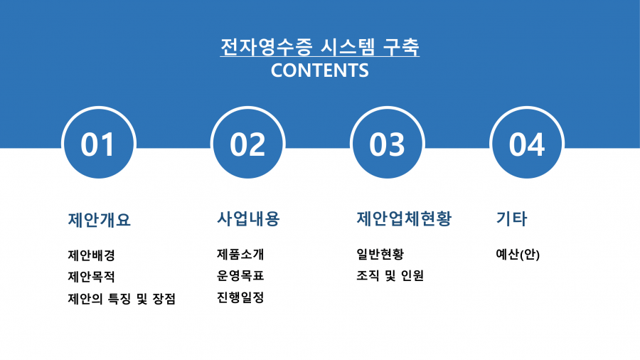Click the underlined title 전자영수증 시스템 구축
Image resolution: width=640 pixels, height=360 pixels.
coord(319,47)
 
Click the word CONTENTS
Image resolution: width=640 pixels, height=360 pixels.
coord(319,70)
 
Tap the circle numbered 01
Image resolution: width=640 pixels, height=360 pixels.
coord(98,144)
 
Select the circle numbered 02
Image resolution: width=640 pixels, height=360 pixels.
coord(247,144)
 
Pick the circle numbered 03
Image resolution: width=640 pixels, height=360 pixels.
coord(388,144)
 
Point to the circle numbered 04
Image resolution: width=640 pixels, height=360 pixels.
coord(527,144)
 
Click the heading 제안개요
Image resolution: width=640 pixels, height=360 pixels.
coord(99,220)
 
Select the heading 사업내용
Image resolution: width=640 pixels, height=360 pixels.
coord(248,218)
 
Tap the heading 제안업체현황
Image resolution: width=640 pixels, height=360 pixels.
coord(404,218)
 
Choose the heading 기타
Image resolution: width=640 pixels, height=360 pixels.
coord(511,218)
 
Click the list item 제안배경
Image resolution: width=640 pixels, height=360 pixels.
coord(92,255)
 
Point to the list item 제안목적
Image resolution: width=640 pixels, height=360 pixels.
coord(92,277)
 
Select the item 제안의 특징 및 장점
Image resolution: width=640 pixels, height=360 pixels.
coord(122,299)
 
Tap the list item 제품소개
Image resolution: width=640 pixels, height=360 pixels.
coord(240,254)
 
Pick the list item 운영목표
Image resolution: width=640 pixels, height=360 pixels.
coord(240,275)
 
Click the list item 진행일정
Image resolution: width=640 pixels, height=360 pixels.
coord(240,297)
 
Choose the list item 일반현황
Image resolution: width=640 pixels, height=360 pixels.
coord(380,254)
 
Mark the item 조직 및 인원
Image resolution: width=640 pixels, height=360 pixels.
coord(390,275)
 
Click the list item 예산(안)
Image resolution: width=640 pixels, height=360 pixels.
coord(518,254)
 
